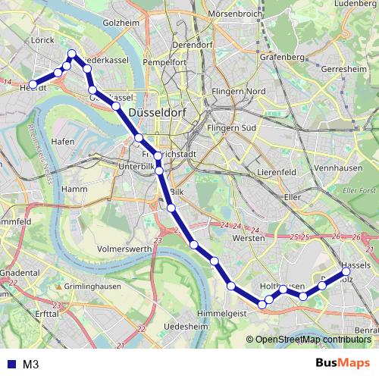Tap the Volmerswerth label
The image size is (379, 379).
point(124,248)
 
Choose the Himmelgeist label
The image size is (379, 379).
point(222,313)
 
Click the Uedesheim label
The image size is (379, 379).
point(186,326)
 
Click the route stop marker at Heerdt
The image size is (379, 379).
point(33,85)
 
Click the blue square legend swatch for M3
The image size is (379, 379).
point(11,365)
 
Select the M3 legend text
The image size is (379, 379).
point(31,365)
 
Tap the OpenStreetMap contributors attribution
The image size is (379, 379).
point(312,340)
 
